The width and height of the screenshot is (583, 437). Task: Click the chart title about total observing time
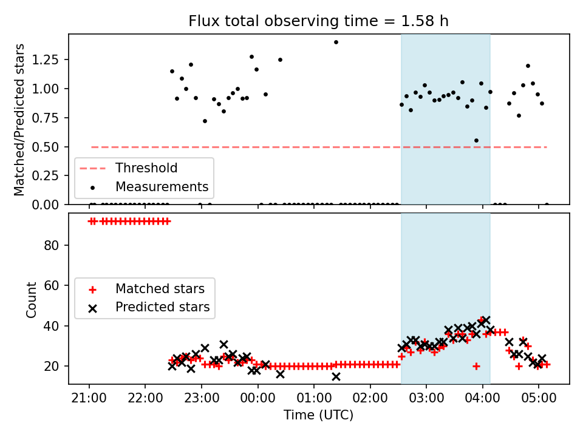click(x=318, y=21)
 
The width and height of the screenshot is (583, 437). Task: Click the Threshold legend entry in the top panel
click(x=146, y=168)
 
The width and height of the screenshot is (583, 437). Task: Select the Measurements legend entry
click(x=162, y=186)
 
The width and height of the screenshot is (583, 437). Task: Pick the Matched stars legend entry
click(x=160, y=288)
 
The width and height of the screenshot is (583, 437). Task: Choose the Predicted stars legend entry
click(x=162, y=307)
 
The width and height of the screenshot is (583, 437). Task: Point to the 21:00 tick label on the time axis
click(x=89, y=399)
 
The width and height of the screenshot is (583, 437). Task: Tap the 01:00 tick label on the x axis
click(x=314, y=399)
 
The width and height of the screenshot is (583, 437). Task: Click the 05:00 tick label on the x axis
click(x=539, y=399)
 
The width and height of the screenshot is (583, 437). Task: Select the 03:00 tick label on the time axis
click(x=426, y=399)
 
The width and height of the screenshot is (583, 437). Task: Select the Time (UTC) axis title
click(x=318, y=415)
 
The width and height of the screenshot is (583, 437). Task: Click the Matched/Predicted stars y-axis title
click(x=20, y=120)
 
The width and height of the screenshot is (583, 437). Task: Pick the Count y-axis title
click(x=32, y=299)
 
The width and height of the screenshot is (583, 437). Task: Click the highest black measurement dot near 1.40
click(x=336, y=42)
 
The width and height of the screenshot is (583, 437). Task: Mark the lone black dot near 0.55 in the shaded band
click(x=476, y=140)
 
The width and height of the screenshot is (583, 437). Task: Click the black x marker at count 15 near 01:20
click(x=336, y=376)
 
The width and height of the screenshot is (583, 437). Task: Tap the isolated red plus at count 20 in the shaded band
click(x=476, y=366)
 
